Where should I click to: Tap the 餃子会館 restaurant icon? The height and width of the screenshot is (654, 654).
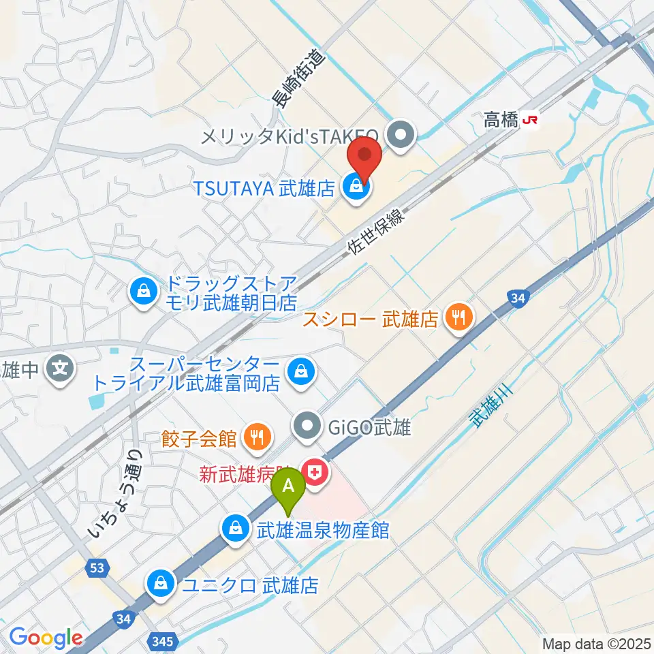[x=257, y=438]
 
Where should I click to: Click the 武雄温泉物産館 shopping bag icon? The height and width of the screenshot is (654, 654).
[x=235, y=530]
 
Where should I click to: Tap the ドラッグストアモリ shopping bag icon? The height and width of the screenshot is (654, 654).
[x=144, y=293]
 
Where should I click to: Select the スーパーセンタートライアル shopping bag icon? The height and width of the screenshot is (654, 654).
[x=300, y=372]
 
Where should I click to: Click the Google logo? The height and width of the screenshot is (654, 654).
[x=46, y=638]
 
